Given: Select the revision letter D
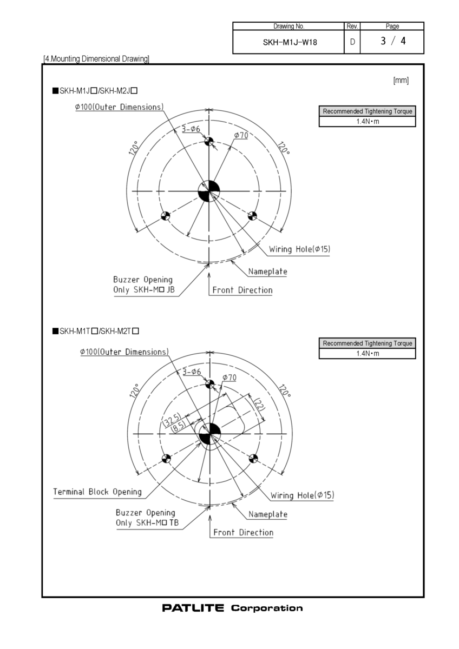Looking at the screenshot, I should [352, 41].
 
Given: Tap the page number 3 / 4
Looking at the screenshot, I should [392, 41].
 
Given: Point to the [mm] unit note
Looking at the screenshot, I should [401, 81].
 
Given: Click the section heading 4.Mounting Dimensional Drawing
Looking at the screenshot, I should [96, 58].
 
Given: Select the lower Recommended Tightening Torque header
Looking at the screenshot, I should [367, 343].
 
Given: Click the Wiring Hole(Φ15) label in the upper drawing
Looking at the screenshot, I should [299, 249].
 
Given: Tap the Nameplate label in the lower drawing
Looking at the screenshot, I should [267, 514].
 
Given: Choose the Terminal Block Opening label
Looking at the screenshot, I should [97, 492].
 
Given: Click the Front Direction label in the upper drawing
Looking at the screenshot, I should [242, 290].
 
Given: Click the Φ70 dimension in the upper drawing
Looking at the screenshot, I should [241, 135].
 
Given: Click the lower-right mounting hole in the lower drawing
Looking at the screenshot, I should [252, 459].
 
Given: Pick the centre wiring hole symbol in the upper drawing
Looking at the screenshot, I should [209, 191].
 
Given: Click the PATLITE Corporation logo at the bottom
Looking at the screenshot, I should [232, 608].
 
